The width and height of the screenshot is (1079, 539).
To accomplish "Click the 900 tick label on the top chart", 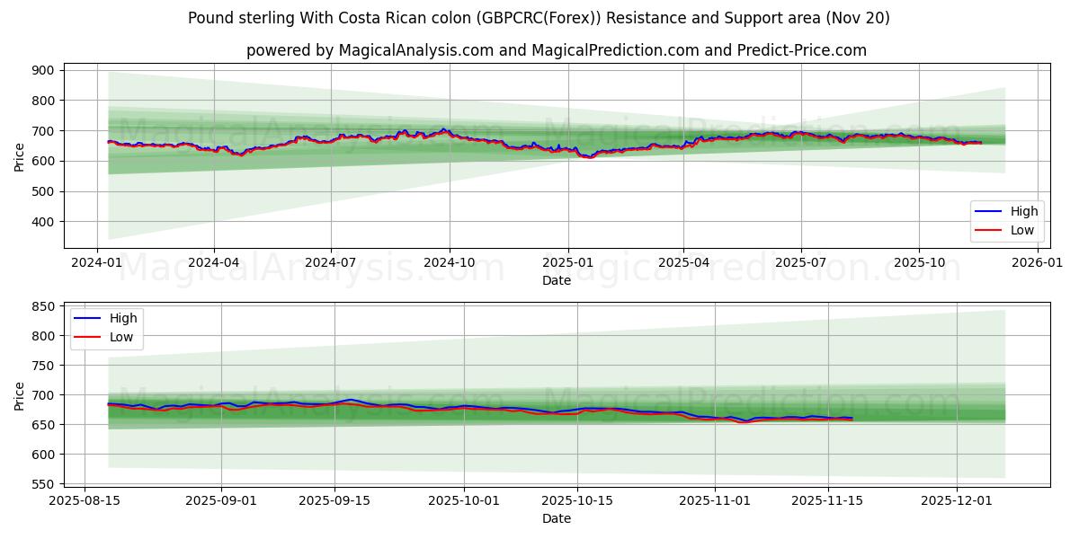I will (44, 70).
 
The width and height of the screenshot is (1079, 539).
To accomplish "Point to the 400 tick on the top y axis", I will (44, 222).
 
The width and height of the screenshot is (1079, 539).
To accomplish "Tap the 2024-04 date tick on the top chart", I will (213, 262).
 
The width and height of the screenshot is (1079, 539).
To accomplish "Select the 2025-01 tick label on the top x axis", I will (567, 262).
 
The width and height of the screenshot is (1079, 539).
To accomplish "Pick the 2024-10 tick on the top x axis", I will (449, 262).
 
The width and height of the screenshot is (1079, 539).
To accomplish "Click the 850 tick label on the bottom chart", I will (44, 306).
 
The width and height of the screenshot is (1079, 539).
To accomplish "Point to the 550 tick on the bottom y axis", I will (44, 484).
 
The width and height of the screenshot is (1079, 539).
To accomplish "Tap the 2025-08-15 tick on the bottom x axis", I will (85, 501).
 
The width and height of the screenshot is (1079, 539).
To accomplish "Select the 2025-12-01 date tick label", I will (955, 501).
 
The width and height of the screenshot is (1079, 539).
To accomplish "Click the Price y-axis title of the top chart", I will (20, 155).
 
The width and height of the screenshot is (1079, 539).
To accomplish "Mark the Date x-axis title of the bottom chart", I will (557, 518).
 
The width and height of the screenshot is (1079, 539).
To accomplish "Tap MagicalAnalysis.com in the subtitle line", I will (415, 50).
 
